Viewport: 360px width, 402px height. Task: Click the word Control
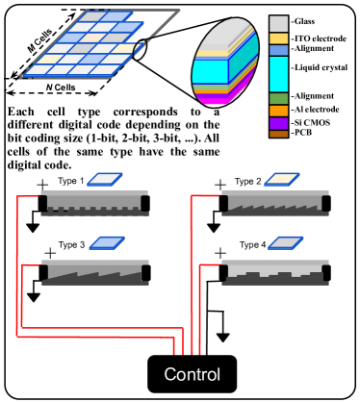(192, 375)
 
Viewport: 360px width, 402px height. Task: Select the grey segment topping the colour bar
(278, 24)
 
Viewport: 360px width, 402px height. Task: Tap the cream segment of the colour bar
(278, 38)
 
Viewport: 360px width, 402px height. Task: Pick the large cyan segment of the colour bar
(278, 74)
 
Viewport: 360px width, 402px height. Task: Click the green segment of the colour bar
(278, 98)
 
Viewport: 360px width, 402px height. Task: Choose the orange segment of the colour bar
(278, 111)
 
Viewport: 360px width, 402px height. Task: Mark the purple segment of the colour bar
(278, 123)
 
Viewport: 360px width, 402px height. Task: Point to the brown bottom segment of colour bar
(278, 134)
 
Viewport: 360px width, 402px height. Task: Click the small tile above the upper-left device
(106, 179)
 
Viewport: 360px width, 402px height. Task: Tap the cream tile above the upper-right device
(283, 179)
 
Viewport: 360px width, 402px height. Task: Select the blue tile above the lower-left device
(106, 243)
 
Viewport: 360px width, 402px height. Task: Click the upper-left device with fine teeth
(94, 203)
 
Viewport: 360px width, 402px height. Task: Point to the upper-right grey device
(274, 203)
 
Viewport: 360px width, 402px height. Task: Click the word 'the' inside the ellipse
(211, 124)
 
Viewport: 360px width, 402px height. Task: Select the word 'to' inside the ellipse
(195, 112)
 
